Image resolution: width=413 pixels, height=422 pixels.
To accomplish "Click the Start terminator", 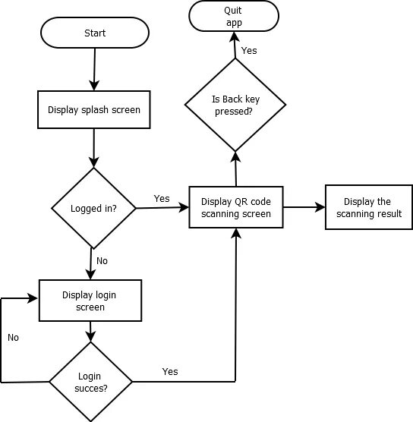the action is (x=95, y=33).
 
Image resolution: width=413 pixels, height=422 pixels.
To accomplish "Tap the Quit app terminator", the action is (x=234, y=16).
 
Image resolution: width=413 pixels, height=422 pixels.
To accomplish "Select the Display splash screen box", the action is (x=94, y=109).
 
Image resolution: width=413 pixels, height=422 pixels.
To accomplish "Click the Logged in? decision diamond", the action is (x=93, y=208).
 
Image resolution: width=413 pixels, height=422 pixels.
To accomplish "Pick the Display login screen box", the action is (x=90, y=301).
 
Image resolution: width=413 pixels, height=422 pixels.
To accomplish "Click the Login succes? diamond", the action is (x=91, y=382).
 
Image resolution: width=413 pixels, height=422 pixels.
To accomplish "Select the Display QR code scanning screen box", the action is (x=236, y=207).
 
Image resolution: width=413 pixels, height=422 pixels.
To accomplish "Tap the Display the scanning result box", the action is (x=369, y=207).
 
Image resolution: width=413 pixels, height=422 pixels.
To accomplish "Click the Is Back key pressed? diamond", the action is (x=235, y=105).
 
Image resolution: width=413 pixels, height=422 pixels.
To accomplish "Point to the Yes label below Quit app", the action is (x=249, y=51).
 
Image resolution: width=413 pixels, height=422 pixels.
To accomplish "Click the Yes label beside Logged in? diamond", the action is (x=162, y=199).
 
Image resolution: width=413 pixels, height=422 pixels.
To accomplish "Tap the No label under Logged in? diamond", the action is (x=102, y=261).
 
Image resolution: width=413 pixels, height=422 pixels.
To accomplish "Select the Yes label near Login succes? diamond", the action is (x=170, y=372).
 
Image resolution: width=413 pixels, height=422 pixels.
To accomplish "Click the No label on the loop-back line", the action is (x=13, y=338).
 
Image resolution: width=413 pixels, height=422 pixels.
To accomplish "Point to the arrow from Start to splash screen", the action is (x=94, y=69).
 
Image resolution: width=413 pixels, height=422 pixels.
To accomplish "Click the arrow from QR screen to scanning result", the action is (x=304, y=207).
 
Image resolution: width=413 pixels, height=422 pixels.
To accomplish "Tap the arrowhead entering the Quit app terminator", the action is (x=235, y=36).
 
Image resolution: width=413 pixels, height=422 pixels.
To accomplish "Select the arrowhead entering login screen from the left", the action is (x=33, y=298).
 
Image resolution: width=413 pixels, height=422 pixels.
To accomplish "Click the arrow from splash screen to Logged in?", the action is (x=94, y=148).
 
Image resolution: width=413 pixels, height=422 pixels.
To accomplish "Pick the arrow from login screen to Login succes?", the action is (x=90, y=332).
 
